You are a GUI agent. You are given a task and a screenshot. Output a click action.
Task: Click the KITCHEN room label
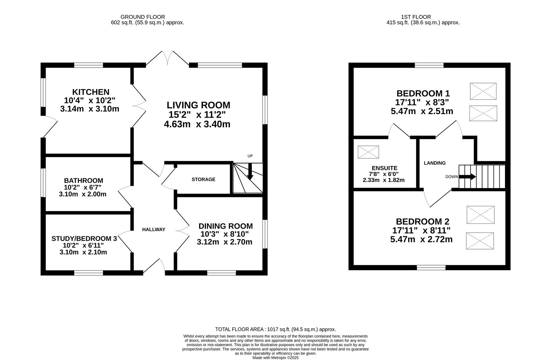click(91, 92)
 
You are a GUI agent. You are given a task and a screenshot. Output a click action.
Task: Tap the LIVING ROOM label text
click(199, 105)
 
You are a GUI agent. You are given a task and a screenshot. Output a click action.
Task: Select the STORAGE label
click(204, 179)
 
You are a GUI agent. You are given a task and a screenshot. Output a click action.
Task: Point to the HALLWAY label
click(154, 230)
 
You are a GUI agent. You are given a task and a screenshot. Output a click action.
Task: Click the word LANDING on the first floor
click(435, 163)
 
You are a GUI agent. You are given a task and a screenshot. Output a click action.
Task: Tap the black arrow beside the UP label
click(250, 171)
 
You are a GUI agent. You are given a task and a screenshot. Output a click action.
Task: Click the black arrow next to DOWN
click(467, 177)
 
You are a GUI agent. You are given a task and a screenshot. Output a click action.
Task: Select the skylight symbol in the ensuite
click(368, 152)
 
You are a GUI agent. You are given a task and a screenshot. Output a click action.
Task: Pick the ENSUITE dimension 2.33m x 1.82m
click(384, 180)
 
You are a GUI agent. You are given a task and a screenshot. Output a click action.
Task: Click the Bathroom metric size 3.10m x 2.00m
click(83, 194)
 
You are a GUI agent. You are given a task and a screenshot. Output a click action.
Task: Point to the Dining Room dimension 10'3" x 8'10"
click(225, 234)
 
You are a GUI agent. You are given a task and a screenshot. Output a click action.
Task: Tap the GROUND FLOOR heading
click(143, 17)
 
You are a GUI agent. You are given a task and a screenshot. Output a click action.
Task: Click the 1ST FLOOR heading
click(416, 17)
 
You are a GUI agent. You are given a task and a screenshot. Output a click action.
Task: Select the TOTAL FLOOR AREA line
click(275, 329)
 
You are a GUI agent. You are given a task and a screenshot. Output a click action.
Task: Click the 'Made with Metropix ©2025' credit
click(275, 358)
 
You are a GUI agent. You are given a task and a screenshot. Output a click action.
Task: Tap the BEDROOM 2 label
click(423, 221)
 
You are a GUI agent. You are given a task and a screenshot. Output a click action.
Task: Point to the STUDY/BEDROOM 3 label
click(84, 239)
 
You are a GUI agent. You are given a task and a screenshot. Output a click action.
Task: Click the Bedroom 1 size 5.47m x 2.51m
click(422, 111)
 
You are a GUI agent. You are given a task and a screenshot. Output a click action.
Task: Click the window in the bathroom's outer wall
click(43, 183)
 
